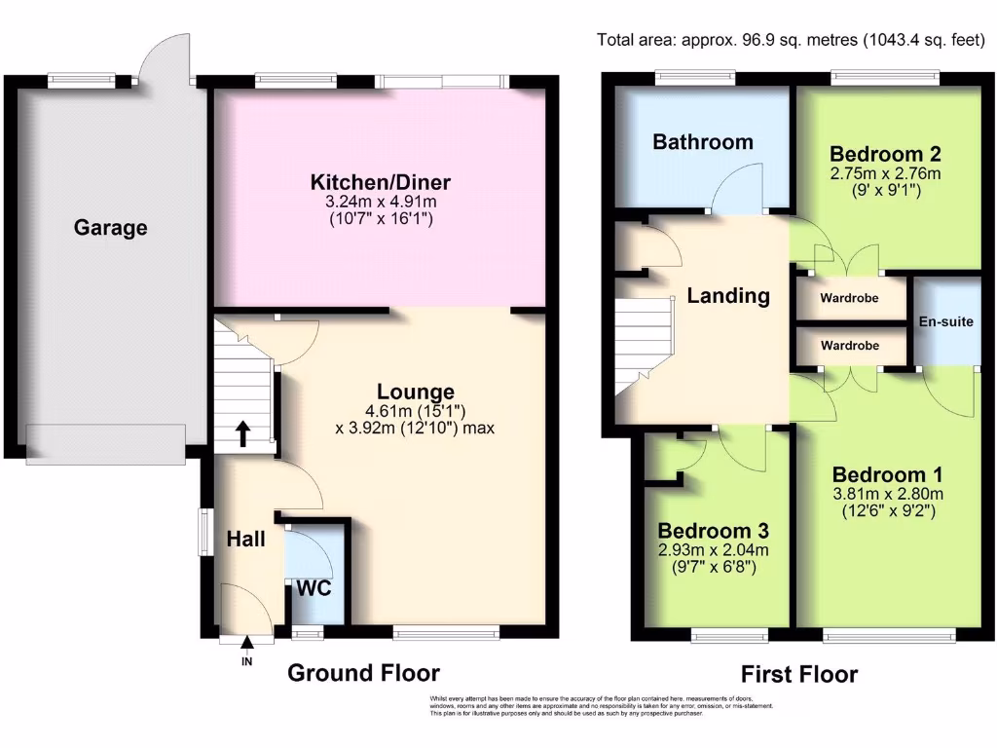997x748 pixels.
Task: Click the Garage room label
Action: click(x=111, y=228)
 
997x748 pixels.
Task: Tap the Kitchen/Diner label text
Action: click(x=380, y=182)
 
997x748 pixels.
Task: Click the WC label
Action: click(x=314, y=589)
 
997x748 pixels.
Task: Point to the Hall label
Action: click(x=246, y=538)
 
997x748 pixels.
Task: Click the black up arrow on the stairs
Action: click(x=241, y=432)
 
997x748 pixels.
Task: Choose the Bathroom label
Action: click(x=702, y=142)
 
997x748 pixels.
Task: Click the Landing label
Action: click(x=728, y=296)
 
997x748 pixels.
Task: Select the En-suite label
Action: click(x=945, y=321)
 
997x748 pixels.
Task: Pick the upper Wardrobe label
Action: click(x=849, y=299)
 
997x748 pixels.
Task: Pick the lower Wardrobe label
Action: click(x=849, y=346)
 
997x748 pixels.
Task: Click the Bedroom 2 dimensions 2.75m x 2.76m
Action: click(x=885, y=174)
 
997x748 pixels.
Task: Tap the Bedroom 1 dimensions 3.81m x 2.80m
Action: click(x=888, y=494)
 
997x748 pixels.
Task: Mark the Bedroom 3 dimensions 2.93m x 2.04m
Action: click(x=713, y=550)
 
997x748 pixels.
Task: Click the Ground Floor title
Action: click(x=363, y=673)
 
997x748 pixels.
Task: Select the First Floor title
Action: click(x=798, y=674)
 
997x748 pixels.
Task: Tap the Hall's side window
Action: click(x=205, y=532)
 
